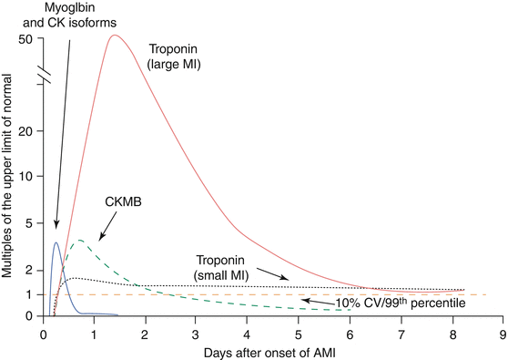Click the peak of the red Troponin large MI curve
115,36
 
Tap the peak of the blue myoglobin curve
56,242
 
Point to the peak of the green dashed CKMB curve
80,240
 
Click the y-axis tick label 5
28,222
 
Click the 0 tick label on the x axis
43,334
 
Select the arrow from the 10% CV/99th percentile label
314,300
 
